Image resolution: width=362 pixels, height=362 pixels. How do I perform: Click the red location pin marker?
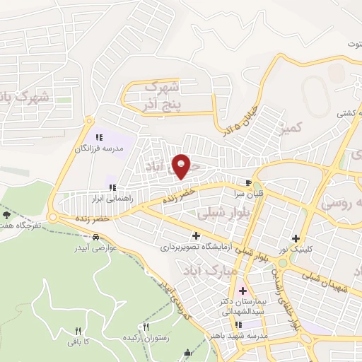pyautogui.click(x=182, y=165)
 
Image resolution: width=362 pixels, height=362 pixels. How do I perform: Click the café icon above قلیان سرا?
pyautogui.click(x=247, y=180)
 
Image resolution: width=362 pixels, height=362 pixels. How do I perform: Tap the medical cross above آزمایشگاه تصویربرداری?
pyautogui.click(x=196, y=235)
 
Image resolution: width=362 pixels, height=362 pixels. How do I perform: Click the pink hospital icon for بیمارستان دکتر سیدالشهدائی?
pyautogui.click(x=242, y=290)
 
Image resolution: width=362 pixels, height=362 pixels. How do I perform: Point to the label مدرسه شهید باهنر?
pyautogui.click(x=240, y=337)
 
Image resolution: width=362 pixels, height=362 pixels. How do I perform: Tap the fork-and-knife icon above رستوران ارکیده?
pyautogui.click(x=146, y=327)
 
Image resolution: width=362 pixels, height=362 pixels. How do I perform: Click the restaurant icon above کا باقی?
pyautogui.click(x=78, y=330)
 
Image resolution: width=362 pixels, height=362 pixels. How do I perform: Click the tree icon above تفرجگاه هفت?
pyautogui.click(x=7, y=214)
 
